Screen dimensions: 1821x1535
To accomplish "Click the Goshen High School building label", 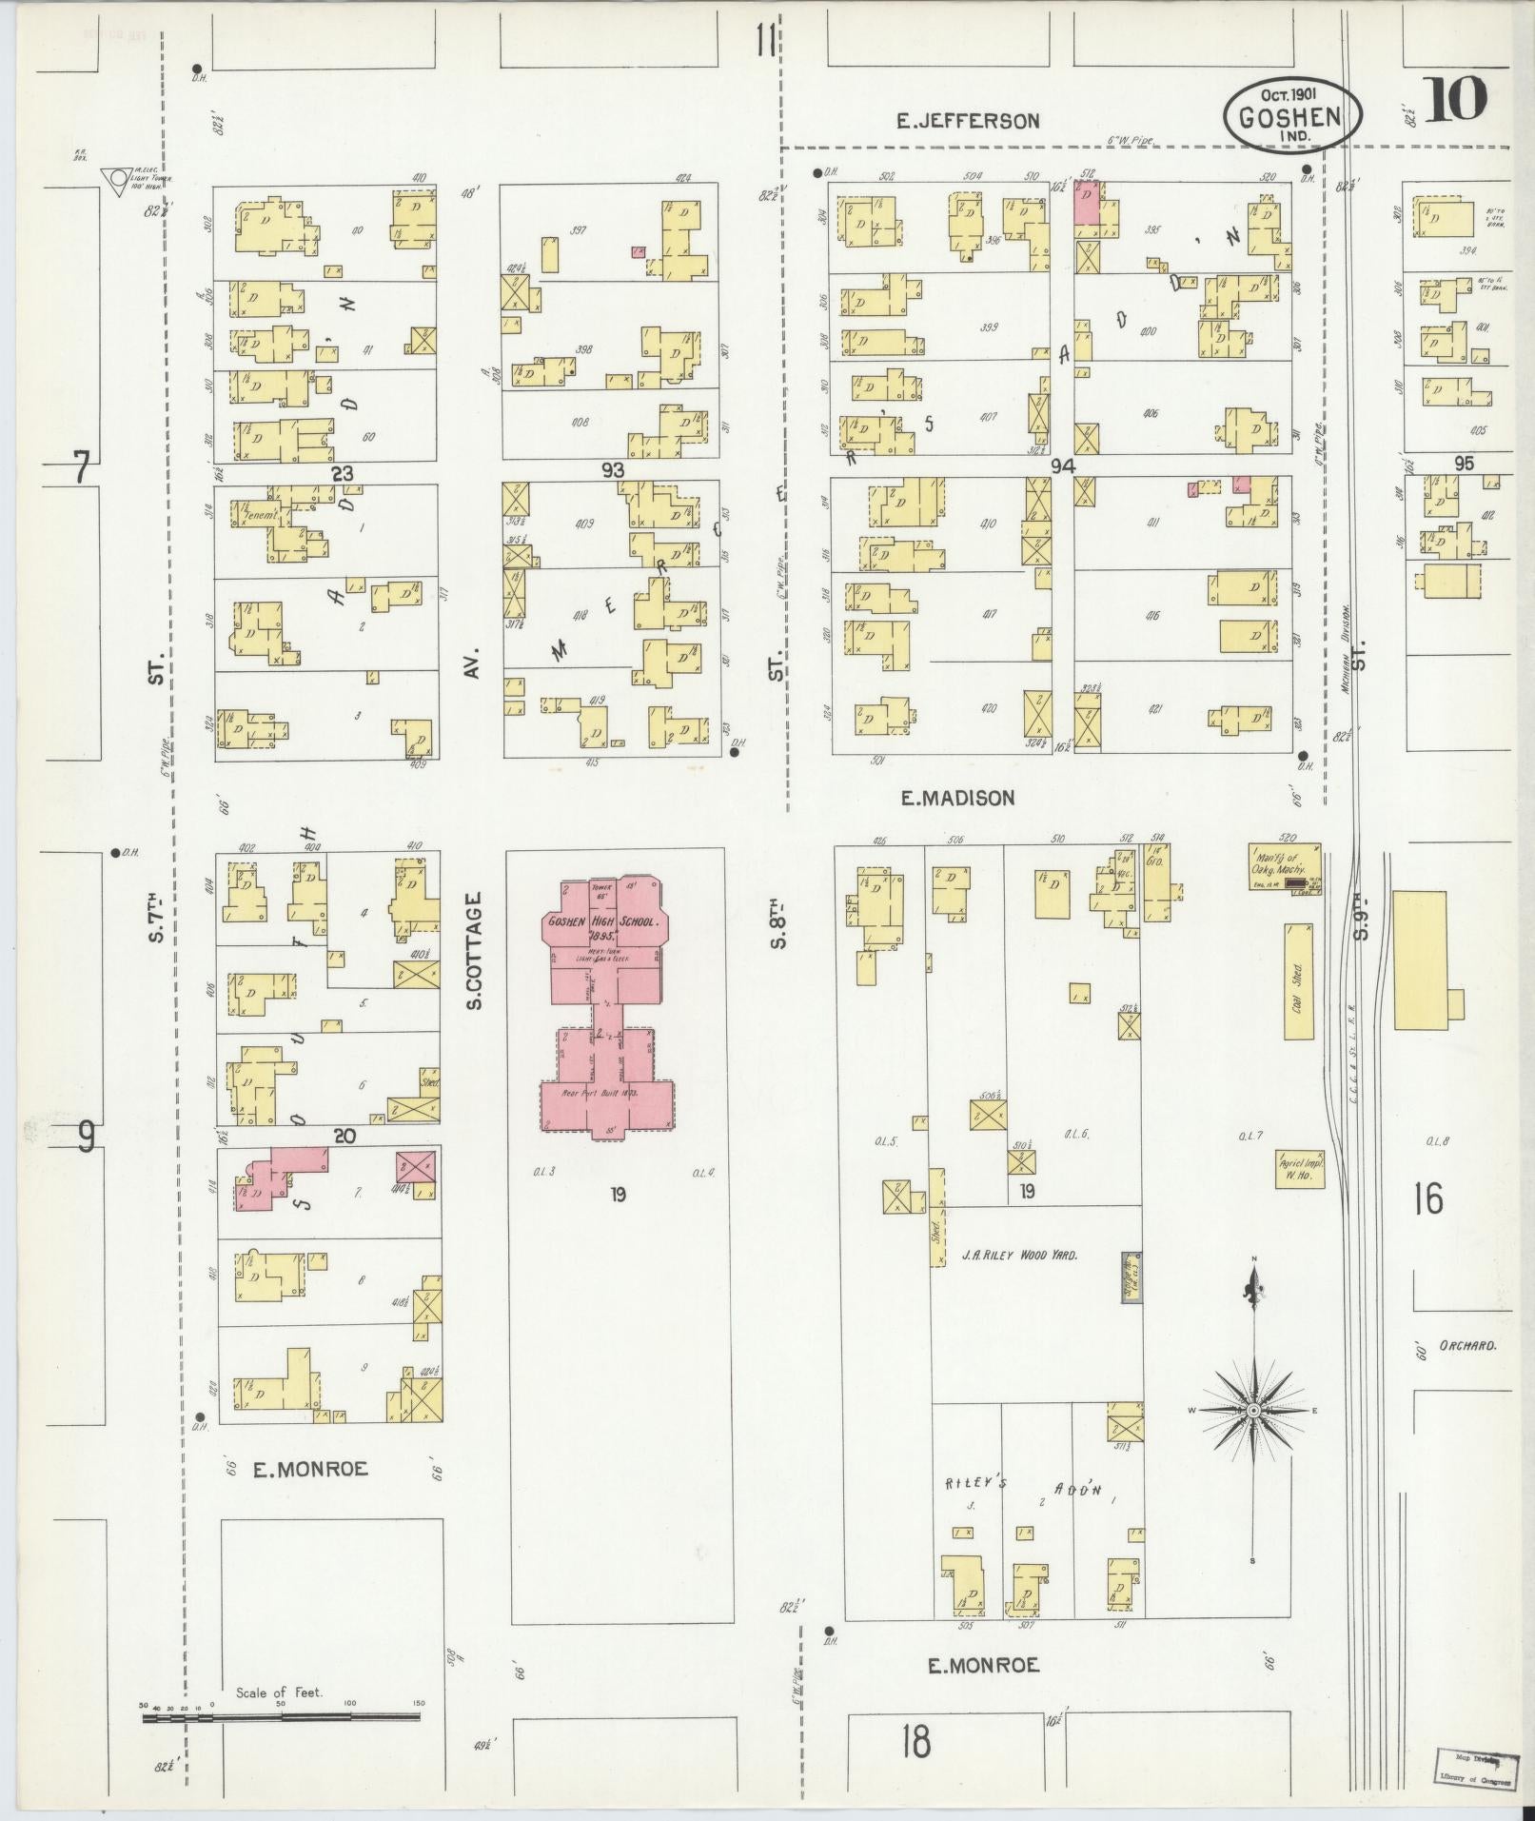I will pyautogui.click(x=603, y=924).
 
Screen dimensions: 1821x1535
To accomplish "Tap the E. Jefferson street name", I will pyautogui.click(x=968, y=121).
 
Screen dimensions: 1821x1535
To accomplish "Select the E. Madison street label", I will pyautogui.click(x=957, y=798).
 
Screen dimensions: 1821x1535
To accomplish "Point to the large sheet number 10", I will pyautogui.click(x=1455, y=99).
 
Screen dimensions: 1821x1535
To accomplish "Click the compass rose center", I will pyautogui.click(x=1253, y=1410).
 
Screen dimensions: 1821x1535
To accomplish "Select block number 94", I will pyautogui.click(x=1062, y=466).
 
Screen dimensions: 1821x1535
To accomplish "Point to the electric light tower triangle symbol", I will pyautogui.click(x=118, y=177).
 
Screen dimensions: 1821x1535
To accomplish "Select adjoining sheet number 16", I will pyautogui.click(x=1428, y=1198).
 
